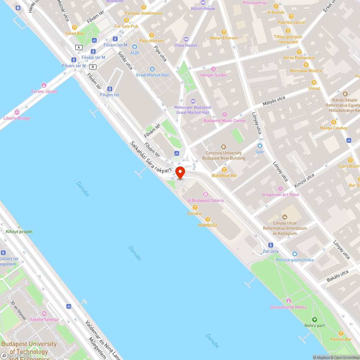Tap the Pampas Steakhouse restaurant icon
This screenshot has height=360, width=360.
(144, 7)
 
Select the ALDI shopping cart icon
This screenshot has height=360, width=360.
(135, 46)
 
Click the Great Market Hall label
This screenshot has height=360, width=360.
(152, 75)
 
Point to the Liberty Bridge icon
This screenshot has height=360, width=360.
(17, 112)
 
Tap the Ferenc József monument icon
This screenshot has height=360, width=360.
(44, 85)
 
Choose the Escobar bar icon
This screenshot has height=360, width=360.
(195, 207)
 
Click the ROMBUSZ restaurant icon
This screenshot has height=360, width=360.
(208, 219)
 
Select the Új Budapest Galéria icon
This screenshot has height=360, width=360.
(206, 194)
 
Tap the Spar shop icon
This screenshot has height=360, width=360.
(260, 146)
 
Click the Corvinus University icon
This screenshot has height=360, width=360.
(224, 147)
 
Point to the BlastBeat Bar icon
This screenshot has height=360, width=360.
(224, 169)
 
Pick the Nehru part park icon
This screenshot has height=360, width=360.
(315, 319)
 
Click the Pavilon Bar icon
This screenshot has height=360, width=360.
(341, 333)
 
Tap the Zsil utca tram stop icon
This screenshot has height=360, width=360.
(270, 245)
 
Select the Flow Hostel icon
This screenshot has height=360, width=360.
(186, 39)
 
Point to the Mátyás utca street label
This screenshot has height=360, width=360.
(274, 100)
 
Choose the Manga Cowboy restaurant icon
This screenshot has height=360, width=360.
(334, 122)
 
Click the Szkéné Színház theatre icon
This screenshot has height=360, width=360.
(44, 313)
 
